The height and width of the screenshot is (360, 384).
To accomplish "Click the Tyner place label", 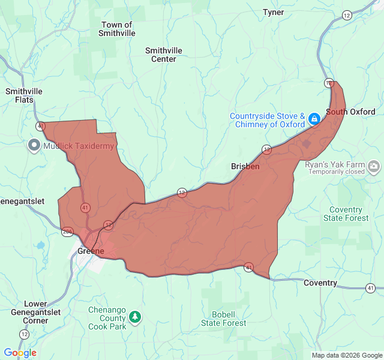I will [273, 12].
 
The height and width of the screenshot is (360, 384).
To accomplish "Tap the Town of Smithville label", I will [117, 29].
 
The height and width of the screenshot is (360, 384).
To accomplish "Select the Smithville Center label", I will [164, 55].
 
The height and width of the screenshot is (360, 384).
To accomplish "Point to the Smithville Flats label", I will [24, 95].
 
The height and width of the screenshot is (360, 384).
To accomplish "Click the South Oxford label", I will [350, 112].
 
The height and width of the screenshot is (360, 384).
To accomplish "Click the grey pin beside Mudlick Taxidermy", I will [34, 145].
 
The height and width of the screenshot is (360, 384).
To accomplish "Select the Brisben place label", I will [245, 166].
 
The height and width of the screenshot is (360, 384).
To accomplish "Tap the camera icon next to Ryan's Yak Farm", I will [374, 166].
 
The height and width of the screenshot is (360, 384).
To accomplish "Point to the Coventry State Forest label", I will [346, 214].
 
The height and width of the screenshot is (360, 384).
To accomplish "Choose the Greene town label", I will [91, 251].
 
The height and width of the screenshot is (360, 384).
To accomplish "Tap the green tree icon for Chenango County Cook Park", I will [136, 316].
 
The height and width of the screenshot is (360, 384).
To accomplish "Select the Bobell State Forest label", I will [223, 319].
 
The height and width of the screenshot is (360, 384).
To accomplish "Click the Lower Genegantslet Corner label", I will [35, 312].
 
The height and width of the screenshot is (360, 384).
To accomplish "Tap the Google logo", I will [20, 353].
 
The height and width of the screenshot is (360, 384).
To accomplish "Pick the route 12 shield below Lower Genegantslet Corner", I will [24, 334].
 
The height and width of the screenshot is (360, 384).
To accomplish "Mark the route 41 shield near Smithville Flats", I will [40, 126].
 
